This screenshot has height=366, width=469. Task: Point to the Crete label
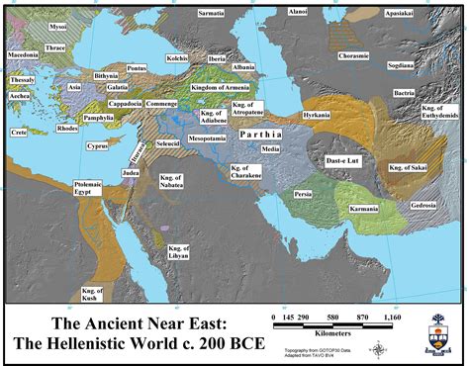(19, 132)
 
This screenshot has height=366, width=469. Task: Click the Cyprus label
(96, 146)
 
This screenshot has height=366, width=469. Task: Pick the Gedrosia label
(423, 204)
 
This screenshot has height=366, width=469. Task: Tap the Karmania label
(365, 210)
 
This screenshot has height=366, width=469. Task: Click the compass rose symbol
(379, 347)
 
